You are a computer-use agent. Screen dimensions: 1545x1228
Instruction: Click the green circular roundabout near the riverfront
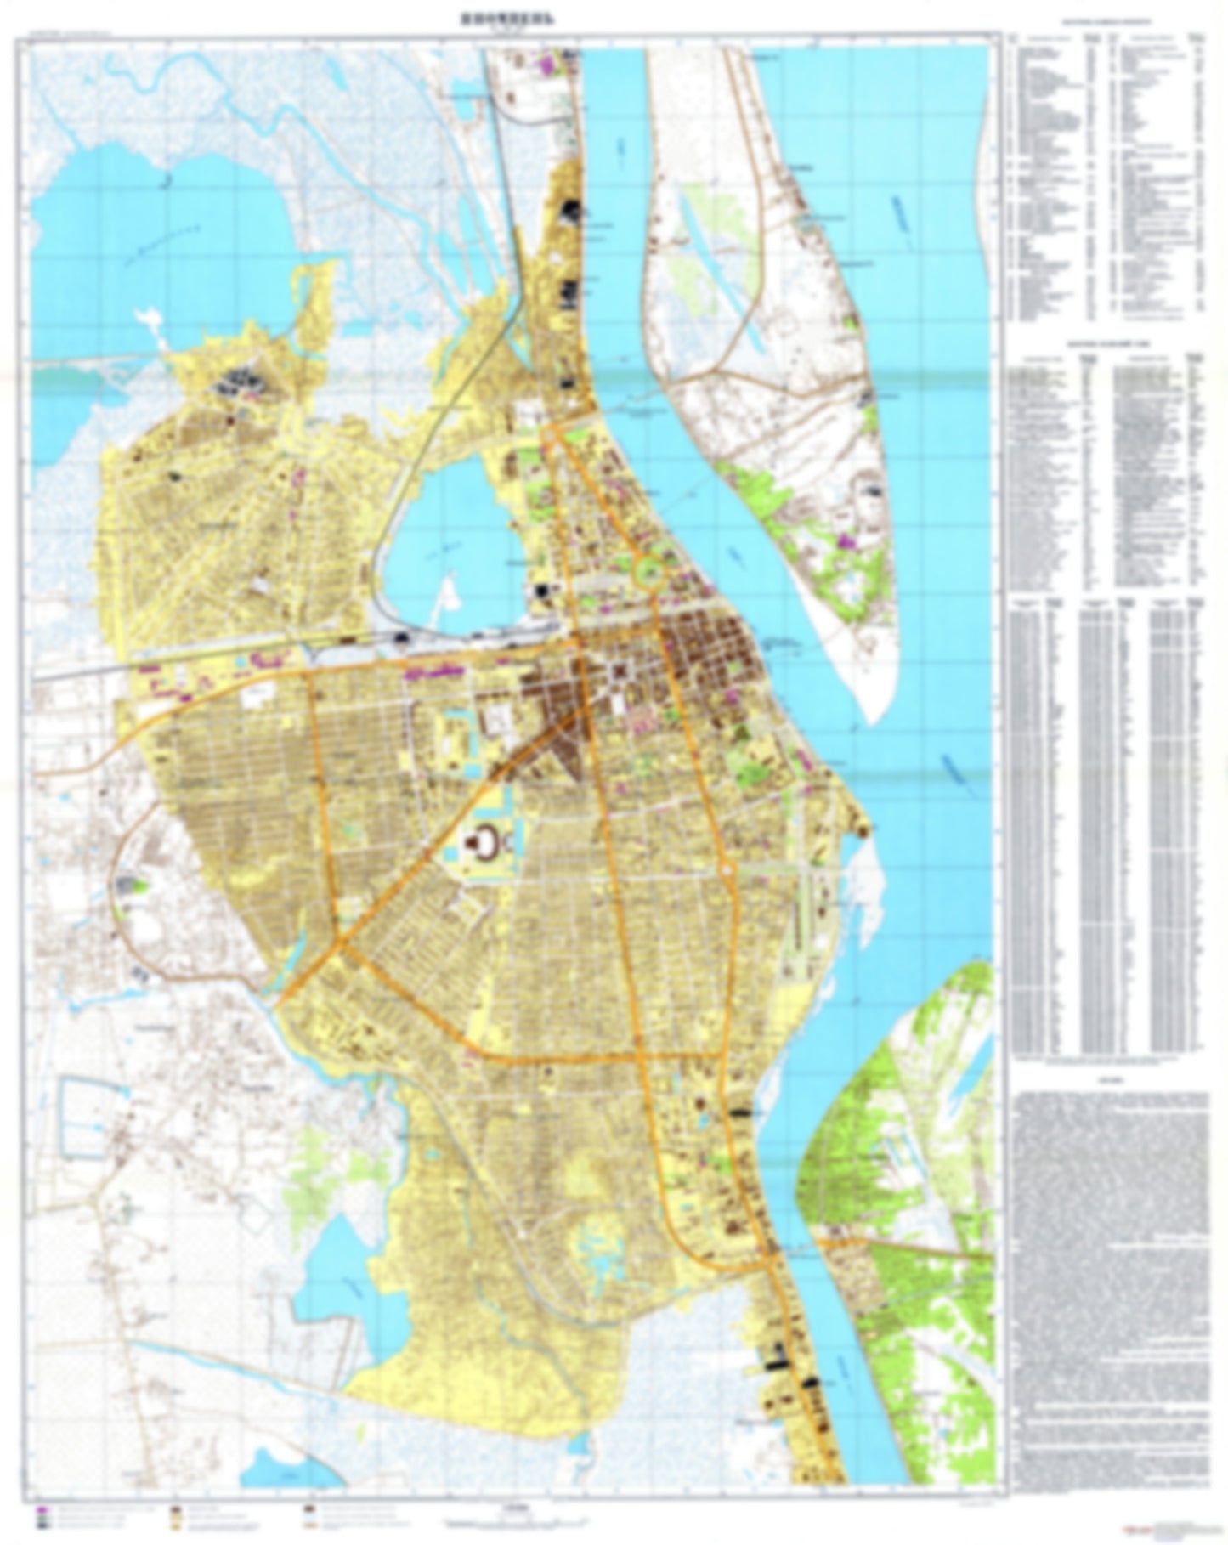point(650,571)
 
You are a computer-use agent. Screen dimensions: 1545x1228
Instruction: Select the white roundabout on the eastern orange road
point(727,870)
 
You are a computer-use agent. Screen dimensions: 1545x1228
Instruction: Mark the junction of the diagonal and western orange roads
point(342,942)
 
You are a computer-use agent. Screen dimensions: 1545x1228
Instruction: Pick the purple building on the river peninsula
point(846,540)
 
